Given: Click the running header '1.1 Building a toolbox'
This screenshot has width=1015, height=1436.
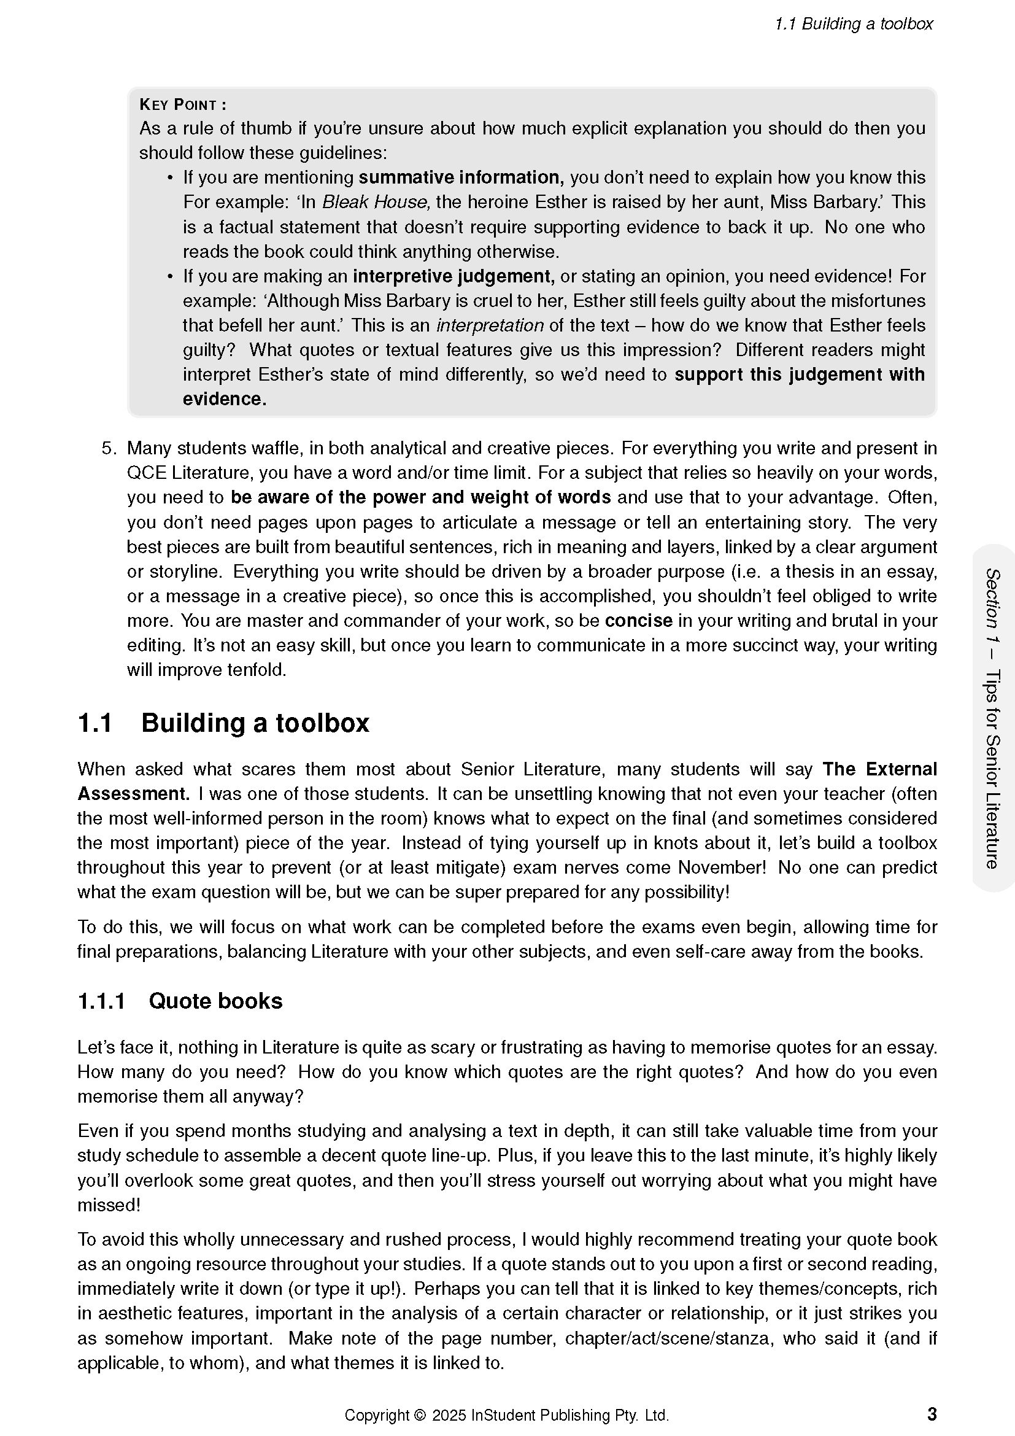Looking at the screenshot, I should coord(853,24).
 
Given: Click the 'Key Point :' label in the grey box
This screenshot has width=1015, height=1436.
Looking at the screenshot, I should coord(182,104).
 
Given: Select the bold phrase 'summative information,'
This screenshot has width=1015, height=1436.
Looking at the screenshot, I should coord(461,177).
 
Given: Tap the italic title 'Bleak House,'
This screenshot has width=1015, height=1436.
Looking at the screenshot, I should coord(376,202).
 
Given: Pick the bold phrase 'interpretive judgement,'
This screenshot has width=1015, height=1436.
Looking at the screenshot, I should coord(453,276).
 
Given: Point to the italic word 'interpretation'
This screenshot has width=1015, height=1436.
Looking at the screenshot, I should coord(489,325).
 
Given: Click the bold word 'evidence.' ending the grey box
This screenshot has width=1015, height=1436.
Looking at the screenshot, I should coord(225,399).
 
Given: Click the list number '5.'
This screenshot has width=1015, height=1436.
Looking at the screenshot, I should coord(109,448).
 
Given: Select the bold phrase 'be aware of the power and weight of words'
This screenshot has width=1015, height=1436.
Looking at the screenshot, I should coord(420,497).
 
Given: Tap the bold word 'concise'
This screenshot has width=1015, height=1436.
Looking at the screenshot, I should coord(638,621).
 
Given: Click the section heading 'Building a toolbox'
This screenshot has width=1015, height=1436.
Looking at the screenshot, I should coord(255,723).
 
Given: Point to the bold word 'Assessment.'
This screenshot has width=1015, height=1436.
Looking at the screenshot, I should coord(133,794).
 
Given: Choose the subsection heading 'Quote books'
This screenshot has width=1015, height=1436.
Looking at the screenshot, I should coord(215,1001).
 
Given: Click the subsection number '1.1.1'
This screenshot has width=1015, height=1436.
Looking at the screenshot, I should coord(101,1001).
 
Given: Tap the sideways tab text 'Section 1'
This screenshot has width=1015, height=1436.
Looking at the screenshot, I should coord(992,604).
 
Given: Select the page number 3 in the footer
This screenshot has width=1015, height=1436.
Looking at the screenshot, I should coord(932,1414).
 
